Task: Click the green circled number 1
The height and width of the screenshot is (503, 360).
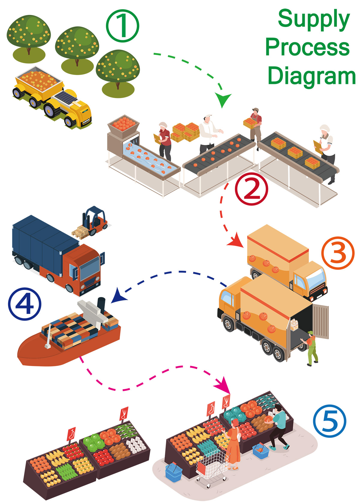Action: click(122, 25)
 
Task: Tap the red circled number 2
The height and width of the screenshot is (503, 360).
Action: click(251, 189)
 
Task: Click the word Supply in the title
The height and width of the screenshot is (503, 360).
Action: click(313, 19)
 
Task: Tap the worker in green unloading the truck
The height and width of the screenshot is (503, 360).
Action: click(311, 348)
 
